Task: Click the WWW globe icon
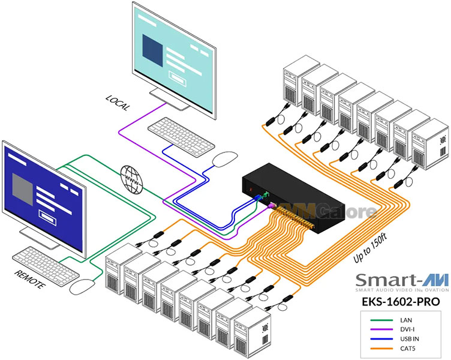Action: [x=131, y=179]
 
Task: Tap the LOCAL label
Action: [x=118, y=103]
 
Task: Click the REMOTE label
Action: [x=30, y=279]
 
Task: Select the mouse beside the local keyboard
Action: [x=225, y=159]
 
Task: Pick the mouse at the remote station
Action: [x=82, y=286]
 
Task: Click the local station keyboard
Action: [x=181, y=137]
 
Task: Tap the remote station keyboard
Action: [x=46, y=266]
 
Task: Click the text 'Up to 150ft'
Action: [x=370, y=248]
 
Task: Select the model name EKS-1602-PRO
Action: [x=401, y=302]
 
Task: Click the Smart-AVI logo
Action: [x=402, y=282]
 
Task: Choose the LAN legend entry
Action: [x=391, y=320]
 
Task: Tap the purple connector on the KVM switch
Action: [x=271, y=205]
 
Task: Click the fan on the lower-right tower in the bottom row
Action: [x=265, y=328]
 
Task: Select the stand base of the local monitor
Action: [x=170, y=99]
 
